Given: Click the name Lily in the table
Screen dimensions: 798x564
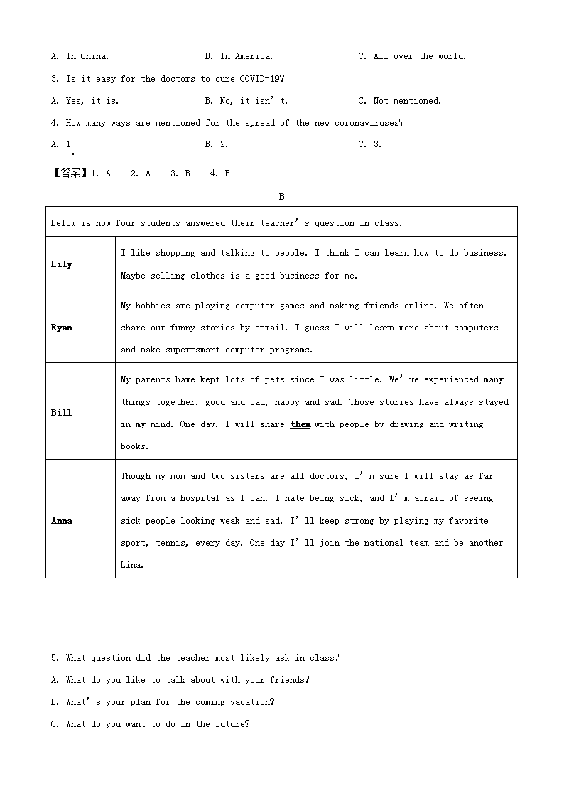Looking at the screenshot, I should pos(62,264).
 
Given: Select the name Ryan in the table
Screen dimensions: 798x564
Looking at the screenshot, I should pos(62,328).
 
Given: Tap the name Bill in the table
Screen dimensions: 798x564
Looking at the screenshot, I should pos(62,413).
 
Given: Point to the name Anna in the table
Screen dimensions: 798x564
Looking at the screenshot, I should pos(62,521).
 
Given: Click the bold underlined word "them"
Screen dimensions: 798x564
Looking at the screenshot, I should pos(300,424).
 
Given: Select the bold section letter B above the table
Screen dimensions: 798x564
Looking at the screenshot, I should pos(281,197).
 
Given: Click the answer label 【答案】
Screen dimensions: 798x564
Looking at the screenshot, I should pos(70,173).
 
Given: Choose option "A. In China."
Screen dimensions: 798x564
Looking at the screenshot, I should pos(80,56).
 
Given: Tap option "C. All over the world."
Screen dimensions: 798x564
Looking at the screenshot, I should pos(412,56).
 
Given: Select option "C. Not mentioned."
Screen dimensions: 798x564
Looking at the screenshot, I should pos(399,101).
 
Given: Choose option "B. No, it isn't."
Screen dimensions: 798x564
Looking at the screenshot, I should pos(246,101).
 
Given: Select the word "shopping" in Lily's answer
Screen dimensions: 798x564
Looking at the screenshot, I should pos(175,253).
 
